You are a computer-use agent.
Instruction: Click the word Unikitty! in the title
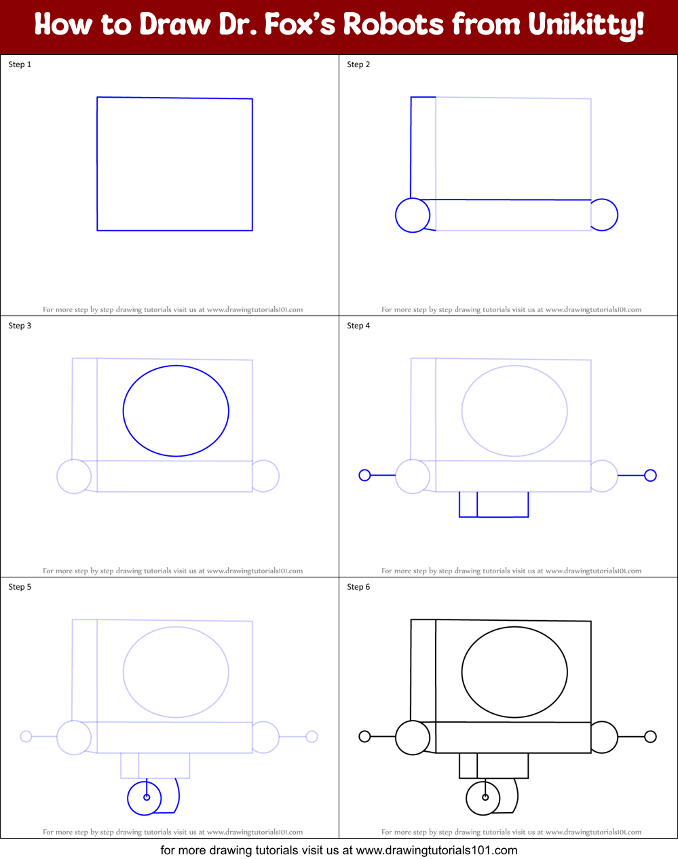[x=585, y=26]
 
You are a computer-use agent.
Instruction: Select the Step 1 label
[x=20, y=64]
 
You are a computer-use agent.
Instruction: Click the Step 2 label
[x=358, y=64]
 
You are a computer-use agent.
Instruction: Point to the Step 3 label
[x=20, y=326]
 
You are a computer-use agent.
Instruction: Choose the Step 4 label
[x=358, y=326]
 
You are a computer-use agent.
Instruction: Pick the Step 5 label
[x=20, y=587]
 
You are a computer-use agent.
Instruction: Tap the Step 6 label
[x=358, y=587]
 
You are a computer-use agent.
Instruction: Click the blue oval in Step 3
[x=176, y=411]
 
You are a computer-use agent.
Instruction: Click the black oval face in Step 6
[x=514, y=672]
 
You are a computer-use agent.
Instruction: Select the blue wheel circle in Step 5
[x=145, y=797]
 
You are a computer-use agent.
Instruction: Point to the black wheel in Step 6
[x=483, y=797]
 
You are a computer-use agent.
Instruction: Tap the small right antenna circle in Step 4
[x=650, y=475]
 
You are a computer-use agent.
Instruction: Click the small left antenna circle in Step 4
[x=364, y=475]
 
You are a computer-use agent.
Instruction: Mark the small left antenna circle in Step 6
[x=364, y=736]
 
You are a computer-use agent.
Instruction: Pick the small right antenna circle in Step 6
[x=650, y=736]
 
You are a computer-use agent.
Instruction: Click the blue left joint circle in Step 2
[x=413, y=215]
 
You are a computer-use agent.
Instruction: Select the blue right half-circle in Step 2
[x=606, y=215]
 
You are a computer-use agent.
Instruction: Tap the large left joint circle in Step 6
[x=413, y=738]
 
